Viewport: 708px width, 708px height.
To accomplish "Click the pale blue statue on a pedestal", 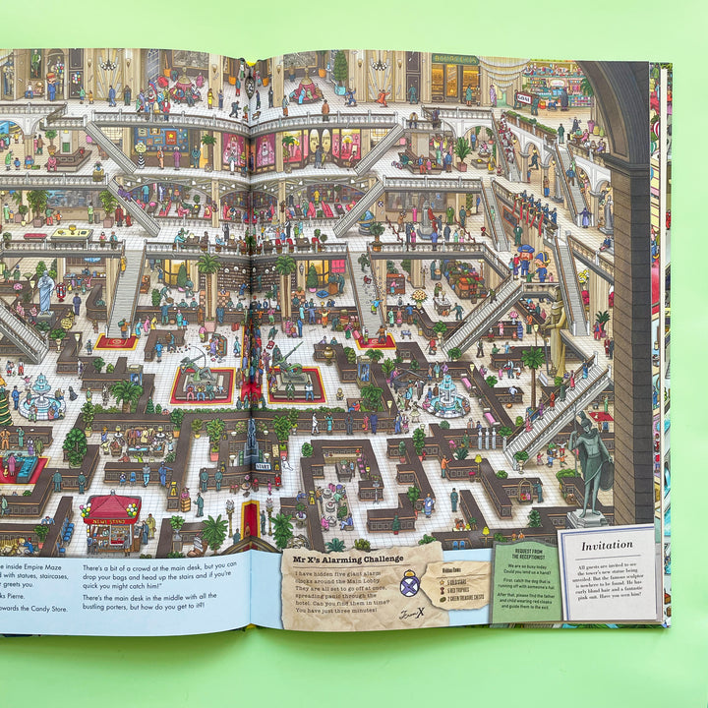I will [46, 292].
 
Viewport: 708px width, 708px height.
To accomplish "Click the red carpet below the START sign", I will [252, 516].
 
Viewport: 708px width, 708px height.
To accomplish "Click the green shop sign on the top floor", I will [454, 59].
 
